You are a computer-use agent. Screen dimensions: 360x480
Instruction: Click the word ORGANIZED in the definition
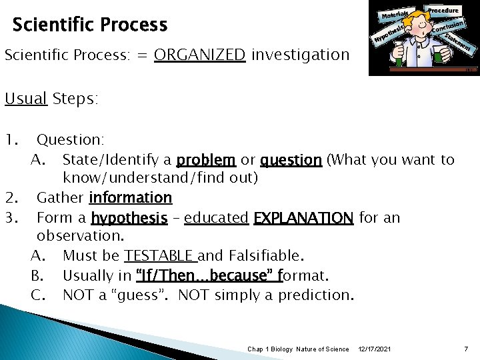(199, 55)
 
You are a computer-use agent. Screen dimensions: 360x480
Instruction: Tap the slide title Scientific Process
(90, 25)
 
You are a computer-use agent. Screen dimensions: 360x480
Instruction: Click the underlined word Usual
(26, 99)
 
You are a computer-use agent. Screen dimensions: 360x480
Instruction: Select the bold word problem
(207, 160)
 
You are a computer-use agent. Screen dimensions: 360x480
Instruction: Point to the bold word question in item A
(291, 160)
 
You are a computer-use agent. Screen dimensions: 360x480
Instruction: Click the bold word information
(131, 198)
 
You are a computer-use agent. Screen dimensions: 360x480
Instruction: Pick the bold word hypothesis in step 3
(129, 218)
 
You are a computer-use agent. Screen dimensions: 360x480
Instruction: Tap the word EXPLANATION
(303, 218)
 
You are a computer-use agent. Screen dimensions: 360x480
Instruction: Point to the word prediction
(315, 295)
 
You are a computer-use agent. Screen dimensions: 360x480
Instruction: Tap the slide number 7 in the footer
(466, 349)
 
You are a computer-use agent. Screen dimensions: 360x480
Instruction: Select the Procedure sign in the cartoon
(443, 11)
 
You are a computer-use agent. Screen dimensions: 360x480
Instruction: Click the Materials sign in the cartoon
(395, 13)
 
